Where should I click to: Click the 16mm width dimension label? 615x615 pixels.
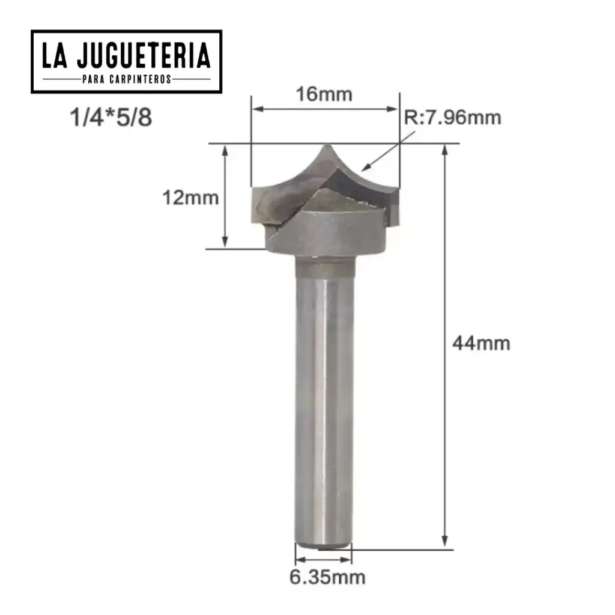pos(324,94)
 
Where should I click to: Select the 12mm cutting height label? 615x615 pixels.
pos(190,198)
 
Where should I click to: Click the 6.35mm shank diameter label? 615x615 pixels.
pos(327,578)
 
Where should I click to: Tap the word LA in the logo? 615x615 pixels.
pos(56,56)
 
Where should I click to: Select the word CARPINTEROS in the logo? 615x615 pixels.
pos(142,79)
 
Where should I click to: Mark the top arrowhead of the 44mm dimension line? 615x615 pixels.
pos(445,150)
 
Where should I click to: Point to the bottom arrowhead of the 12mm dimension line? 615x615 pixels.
pos(225,243)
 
